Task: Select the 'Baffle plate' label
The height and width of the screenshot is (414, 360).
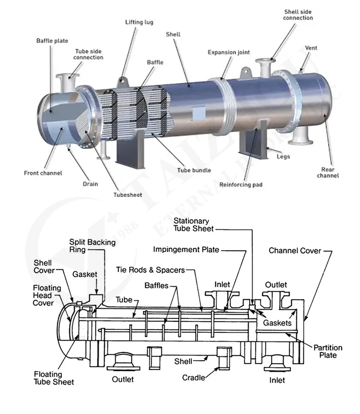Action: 52,40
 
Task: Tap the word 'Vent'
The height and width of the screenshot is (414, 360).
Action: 311,48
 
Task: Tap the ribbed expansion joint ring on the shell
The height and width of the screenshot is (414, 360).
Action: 225,103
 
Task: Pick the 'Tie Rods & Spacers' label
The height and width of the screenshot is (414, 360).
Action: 150,270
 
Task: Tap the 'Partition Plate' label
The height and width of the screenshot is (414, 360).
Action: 328,351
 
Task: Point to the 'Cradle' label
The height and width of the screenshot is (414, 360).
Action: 193,377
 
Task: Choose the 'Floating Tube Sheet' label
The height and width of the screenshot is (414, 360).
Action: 54,377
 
